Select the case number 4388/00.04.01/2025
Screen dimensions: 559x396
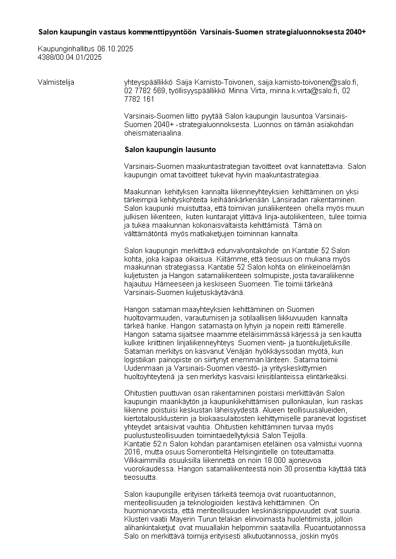[x=70, y=57]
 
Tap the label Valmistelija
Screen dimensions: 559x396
[x=56, y=82]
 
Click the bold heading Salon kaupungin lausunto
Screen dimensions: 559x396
[x=170, y=149]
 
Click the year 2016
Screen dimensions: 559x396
[x=132, y=451]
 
